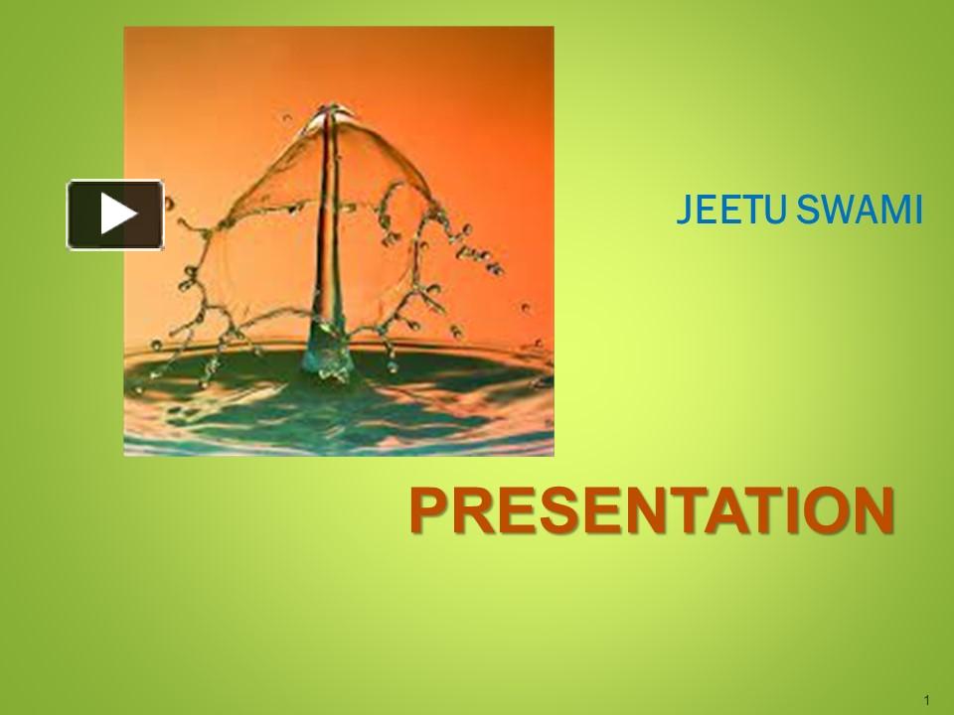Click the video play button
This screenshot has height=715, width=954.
tap(115, 214)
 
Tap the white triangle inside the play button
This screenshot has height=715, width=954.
tap(118, 214)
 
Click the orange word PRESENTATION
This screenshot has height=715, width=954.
tap(652, 510)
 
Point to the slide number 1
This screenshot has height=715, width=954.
tap(925, 701)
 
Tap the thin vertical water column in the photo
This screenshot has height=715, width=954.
tap(323, 228)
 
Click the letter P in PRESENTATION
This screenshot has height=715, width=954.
tap(426, 510)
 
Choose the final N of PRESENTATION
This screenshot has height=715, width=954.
tap(874, 510)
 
